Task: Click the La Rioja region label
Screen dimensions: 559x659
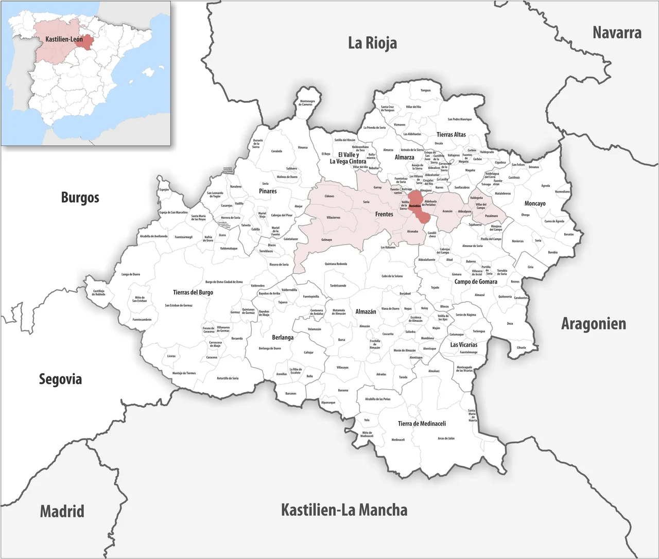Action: [x=372, y=43]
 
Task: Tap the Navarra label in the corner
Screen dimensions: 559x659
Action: [x=617, y=32]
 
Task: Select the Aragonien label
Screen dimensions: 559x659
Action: [x=593, y=324]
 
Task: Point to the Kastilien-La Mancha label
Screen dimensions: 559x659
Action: [x=344, y=510]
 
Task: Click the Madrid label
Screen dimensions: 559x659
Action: [x=62, y=512]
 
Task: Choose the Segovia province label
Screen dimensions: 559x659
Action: [x=60, y=379]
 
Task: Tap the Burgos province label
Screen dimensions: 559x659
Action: [x=80, y=197]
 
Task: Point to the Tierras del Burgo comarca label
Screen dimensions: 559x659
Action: [x=193, y=292]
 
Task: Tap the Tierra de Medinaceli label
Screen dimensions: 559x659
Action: [x=422, y=424]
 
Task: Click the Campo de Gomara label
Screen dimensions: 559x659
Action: [x=475, y=282]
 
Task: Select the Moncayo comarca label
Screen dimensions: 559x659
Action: [x=534, y=204]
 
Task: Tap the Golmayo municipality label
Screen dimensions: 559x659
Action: [x=326, y=240]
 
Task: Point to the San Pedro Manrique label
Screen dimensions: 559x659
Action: [x=459, y=119]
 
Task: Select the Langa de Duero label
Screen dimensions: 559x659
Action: [x=130, y=274]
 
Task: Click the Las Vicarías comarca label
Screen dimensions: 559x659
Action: [x=463, y=344]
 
